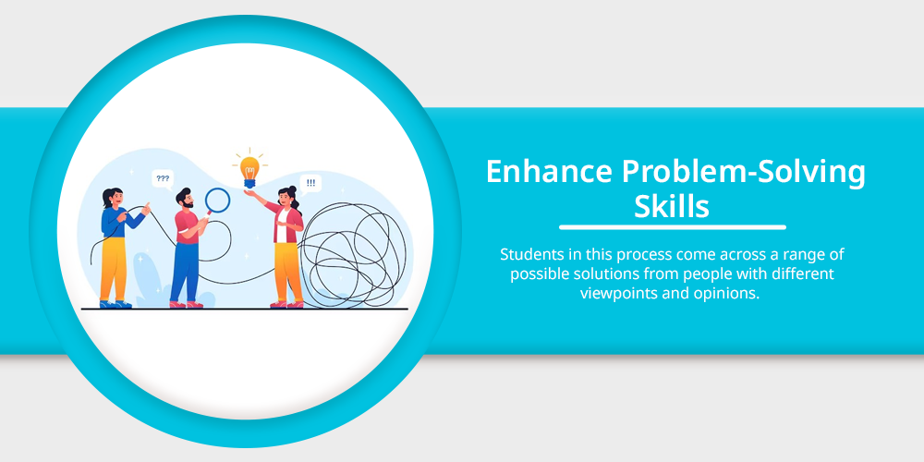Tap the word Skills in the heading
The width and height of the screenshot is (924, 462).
click(x=672, y=206)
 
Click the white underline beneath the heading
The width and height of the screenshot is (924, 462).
click(x=673, y=227)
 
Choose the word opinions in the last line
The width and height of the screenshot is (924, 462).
click(x=730, y=294)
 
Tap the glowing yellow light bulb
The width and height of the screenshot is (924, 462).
click(x=249, y=169)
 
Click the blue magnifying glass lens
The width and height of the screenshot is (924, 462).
click(x=217, y=200)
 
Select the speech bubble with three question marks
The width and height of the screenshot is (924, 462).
click(x=163, y=178)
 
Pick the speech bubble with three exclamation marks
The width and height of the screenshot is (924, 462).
click(x=310, y=183)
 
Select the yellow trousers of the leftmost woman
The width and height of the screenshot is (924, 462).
click(x=113, y=269)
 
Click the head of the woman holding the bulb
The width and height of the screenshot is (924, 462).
click(x=287, y=198)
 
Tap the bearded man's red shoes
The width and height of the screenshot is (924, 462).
click(x=187, y=305)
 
